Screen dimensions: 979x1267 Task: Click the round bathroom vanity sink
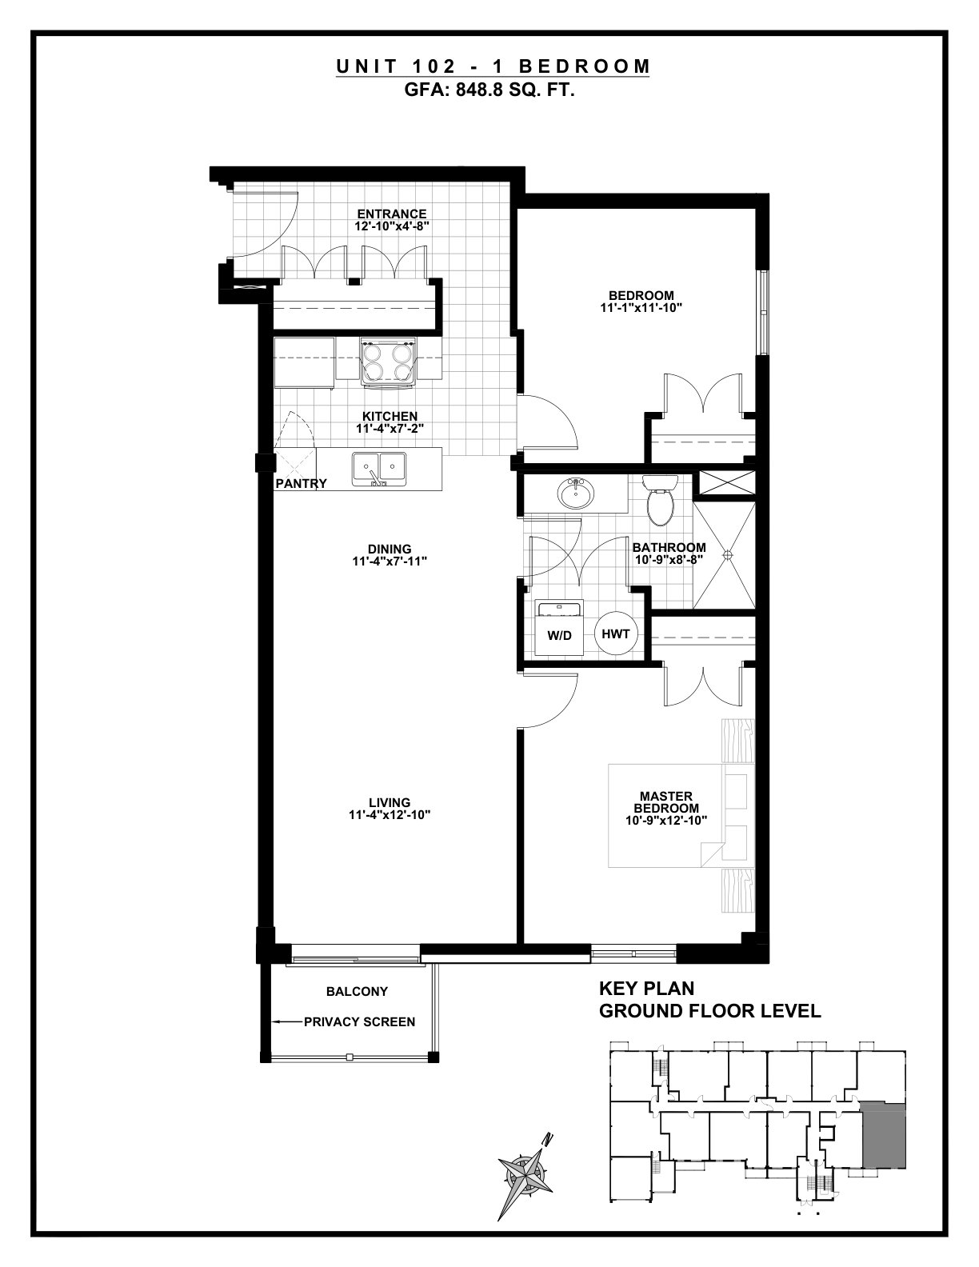pyautogui.click(x=576, y=494)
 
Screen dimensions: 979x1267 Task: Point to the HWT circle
pyautogui.click(x=616, y=633)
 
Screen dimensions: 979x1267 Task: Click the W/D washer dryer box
pyautogui.click(x=559, y=629)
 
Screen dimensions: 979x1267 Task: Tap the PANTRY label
pyautogui.click(x=301, y=483)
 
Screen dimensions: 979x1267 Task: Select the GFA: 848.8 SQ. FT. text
pyautogui.click(x=489, y=90)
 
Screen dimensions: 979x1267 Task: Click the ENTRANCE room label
pyautogui.click(x=392, y=214)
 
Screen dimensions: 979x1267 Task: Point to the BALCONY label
pyautogui.click(x=357, y=991)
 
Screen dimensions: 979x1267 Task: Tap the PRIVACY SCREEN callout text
pyautogui.click(x=359, y=1022)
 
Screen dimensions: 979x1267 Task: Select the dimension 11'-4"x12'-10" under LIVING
pyautogui.click(x=390, y=815)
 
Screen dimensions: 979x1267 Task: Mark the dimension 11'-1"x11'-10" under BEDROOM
pyautogui.click(x=641, y=308)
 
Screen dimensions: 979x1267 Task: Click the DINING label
pyautogui.click(x=390, y=549)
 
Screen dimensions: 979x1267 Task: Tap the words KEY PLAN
pyautogui.click(x=646, y=989)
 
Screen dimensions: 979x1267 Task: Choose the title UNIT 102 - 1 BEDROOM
pyautogui.click(x=493, y=66)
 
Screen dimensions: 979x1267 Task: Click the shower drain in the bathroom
pyautogui.click(x=728, y=554)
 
